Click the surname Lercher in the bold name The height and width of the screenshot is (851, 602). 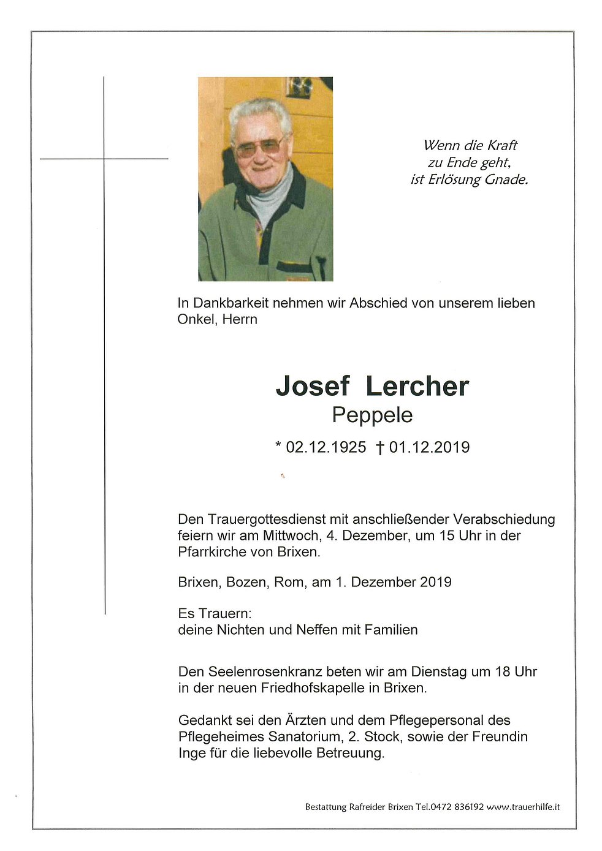417,387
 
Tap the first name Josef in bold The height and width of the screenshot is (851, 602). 312,387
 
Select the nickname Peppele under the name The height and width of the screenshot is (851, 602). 372,415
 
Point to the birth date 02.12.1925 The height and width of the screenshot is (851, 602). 326,447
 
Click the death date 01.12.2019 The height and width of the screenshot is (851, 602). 429,447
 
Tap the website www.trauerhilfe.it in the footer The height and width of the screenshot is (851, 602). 523,807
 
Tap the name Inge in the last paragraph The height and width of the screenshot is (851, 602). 192,753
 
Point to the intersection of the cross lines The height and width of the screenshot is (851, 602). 104,159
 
